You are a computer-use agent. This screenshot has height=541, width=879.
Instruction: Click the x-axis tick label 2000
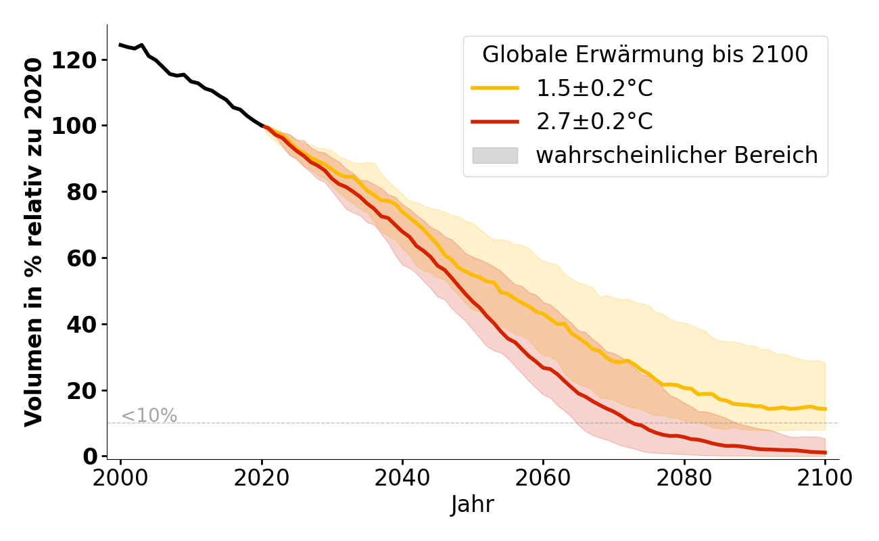coord(121,479)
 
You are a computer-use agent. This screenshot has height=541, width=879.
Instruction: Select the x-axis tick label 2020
coord(262,479)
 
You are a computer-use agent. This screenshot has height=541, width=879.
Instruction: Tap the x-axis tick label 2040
coord(402,479)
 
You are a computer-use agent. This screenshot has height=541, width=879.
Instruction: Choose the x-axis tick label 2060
coord(543,479)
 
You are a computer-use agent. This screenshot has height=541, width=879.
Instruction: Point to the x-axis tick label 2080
coord(684,479)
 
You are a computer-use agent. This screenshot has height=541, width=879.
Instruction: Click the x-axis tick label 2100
coord(825,479)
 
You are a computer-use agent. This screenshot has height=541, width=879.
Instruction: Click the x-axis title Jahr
coord(473,505)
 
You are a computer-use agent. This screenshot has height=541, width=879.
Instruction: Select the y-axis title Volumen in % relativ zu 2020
coord(34,241)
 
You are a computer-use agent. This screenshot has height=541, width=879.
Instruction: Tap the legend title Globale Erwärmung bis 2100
coord(645,55)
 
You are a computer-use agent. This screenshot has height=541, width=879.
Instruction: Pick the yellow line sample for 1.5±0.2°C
coord(495,88)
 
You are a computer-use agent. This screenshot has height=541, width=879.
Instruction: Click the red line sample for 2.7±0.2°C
coord(495,122)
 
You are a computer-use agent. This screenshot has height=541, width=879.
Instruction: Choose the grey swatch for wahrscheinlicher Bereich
coord(495,156)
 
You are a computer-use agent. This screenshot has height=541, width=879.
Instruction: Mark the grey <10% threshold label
coord(149,416)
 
